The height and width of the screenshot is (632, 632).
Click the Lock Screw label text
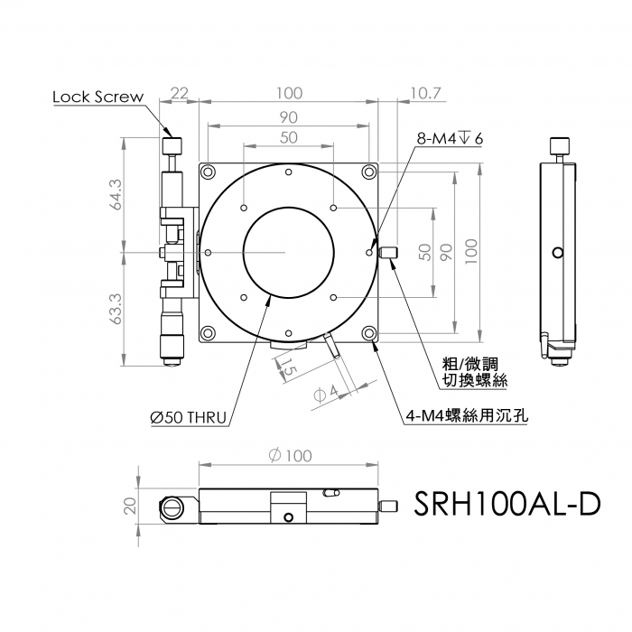coord(98,97)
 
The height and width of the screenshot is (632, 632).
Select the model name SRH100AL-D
coord(507,504)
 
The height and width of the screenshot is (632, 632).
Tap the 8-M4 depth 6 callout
coord(450,139)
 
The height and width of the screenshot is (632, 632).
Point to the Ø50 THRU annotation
coord(188,417)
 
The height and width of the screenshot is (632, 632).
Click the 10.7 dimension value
coord(426,94)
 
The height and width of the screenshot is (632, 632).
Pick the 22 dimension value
coord(179,94)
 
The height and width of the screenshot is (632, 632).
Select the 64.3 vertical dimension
coord(116,195)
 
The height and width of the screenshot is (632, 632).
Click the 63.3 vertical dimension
coord(116,309)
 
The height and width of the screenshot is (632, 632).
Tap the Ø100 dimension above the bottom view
coord(290,456)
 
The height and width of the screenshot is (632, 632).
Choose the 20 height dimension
coord(130,506)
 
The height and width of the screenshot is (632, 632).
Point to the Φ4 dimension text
coord(326,394)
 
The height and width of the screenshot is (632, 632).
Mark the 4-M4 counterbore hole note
coord(467,415)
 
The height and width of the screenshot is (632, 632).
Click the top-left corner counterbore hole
coord(208,172)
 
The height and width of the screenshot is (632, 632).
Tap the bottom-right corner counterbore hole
coord(368,333)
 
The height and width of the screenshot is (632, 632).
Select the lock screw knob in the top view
coord(172,146)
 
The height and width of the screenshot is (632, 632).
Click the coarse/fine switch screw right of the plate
coord(388,253)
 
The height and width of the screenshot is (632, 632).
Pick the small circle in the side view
coord(558,253)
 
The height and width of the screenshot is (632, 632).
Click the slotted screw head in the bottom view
coord(172,508)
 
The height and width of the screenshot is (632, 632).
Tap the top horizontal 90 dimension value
coord(289,117)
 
